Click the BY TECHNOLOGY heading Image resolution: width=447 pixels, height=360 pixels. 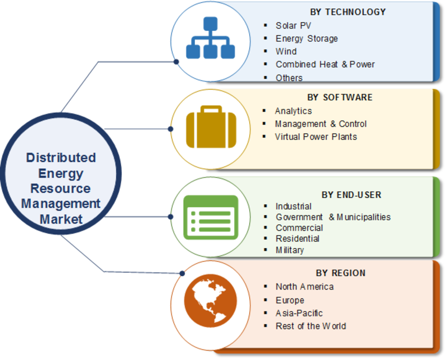[x=348, y=12]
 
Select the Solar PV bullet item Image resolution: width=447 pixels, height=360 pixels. [x=293, y=26]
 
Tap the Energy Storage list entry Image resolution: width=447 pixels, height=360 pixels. [x=307, y=39]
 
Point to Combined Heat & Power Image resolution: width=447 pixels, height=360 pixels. [x=325, y=64]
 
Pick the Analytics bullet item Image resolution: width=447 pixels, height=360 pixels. [x=293, y=111]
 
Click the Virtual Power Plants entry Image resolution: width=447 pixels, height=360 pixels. [x=315, y=136]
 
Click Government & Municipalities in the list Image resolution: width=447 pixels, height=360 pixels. [x=333, y=217]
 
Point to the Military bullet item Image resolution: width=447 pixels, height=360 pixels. [x=289, y=250]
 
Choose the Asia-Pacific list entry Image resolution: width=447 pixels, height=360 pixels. [x=299, y=313]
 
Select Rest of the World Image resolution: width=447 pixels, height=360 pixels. [x=311, y=326]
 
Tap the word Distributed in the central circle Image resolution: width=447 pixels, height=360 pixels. [x=61, y=158]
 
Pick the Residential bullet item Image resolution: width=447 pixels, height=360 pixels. [x=297, y=239]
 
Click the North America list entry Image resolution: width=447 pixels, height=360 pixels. [x=305, y=287]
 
